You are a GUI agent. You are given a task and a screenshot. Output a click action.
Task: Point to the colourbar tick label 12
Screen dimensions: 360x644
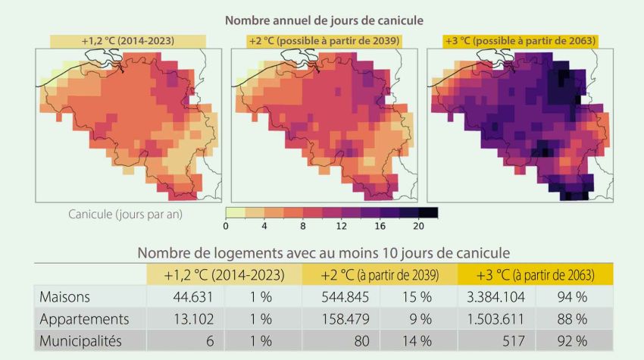[342, 226]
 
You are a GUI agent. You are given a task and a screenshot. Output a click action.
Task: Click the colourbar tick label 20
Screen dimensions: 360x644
[419, 226]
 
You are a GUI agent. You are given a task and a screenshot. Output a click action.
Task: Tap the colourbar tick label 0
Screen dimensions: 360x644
[227, 226]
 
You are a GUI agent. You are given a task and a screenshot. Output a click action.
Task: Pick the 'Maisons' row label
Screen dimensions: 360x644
[66, 297]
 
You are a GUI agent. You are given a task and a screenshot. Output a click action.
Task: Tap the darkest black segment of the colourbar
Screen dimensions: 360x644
[428, 212]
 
